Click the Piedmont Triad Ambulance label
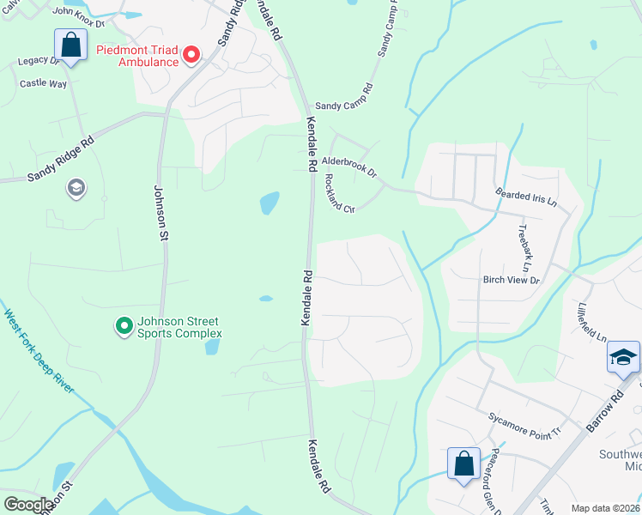point(137,56)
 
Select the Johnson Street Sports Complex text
point(179,327)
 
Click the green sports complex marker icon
point(124,325)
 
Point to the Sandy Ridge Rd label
point(59,161)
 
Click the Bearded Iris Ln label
point(526,198)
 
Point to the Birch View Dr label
point(511,280)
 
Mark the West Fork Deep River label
point(39,352)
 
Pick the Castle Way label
point(43,83)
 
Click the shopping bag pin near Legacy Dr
point(71,45)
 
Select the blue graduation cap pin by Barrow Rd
point(623,358)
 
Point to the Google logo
point(28,505)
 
